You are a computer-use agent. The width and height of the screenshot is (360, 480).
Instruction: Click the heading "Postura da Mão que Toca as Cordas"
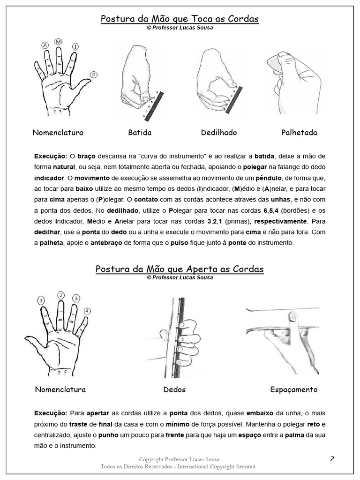180,19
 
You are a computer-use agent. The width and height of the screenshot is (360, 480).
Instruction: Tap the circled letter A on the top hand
45,45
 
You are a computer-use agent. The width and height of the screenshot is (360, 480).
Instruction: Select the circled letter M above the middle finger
59,42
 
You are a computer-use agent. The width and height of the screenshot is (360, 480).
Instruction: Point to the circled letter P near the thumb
94,74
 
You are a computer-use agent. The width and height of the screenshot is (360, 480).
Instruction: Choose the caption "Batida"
140,133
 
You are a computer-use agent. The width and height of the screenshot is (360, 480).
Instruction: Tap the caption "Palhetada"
299,133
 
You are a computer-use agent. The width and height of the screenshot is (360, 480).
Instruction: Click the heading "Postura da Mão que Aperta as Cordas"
180,269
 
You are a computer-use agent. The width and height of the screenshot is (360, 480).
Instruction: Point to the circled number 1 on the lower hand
41,300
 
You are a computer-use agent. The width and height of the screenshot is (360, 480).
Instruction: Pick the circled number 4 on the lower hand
88,311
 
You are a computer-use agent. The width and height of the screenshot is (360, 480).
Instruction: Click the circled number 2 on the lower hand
61,295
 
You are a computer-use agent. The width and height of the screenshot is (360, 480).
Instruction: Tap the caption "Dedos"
174,390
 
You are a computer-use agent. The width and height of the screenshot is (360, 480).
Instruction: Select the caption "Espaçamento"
294,390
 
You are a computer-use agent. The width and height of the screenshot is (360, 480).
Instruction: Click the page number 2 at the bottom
332,459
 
